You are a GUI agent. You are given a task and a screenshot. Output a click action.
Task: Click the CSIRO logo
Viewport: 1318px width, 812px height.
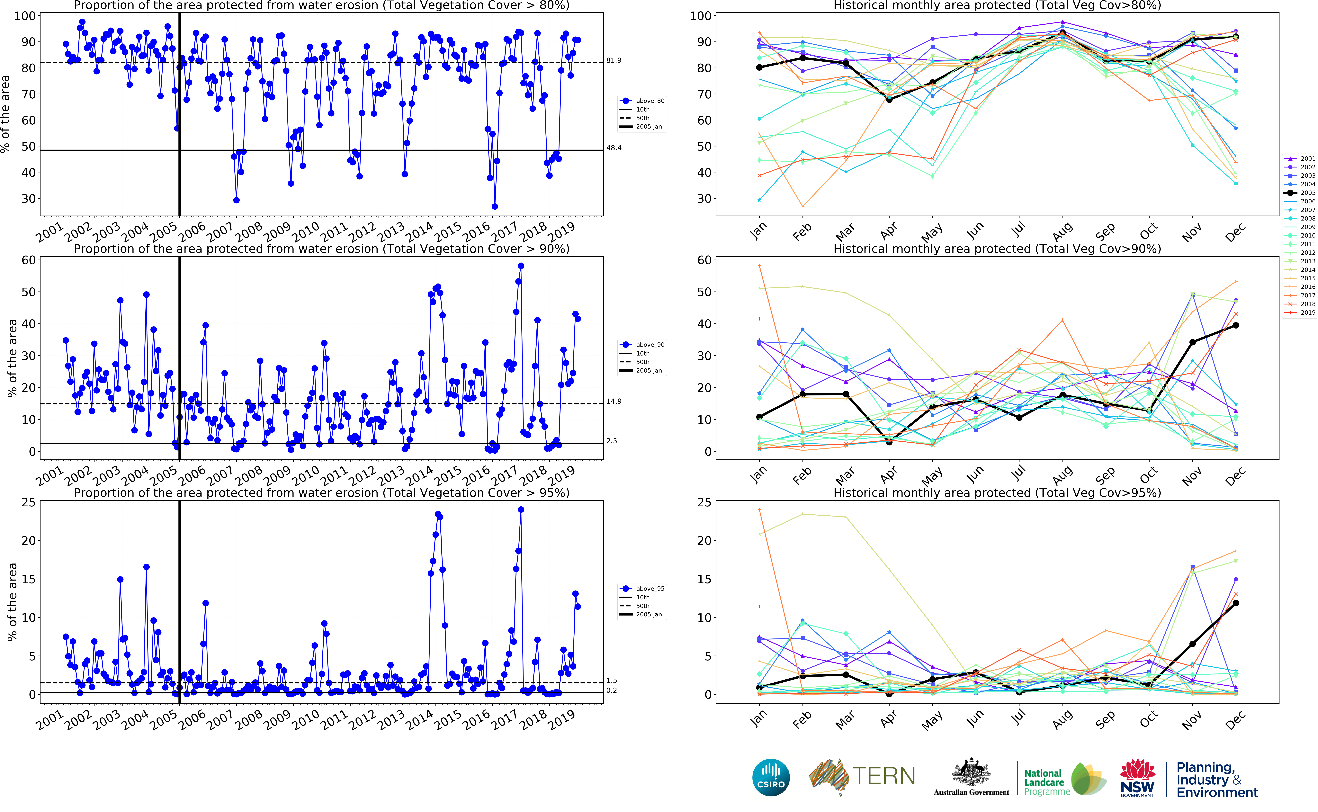(771, 777)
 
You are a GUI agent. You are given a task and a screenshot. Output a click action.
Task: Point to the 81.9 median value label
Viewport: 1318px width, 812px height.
(614, 60)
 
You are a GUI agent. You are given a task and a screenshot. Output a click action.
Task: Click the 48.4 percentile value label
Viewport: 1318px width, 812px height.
(614, 148)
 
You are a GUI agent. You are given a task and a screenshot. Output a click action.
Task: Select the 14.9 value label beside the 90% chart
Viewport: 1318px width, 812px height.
(614, 401)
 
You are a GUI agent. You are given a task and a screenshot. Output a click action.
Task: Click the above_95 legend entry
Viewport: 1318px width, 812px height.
(650, 589)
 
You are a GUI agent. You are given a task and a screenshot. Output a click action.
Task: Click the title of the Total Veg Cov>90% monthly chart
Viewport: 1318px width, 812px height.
(997, 249)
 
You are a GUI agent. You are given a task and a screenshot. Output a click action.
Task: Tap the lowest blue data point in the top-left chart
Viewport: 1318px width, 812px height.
(494, 206)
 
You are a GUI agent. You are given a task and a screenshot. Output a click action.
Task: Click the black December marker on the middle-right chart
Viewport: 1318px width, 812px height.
(1235, 325)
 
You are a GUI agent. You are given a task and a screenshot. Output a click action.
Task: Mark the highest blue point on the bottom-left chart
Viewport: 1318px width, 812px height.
(521, 510)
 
